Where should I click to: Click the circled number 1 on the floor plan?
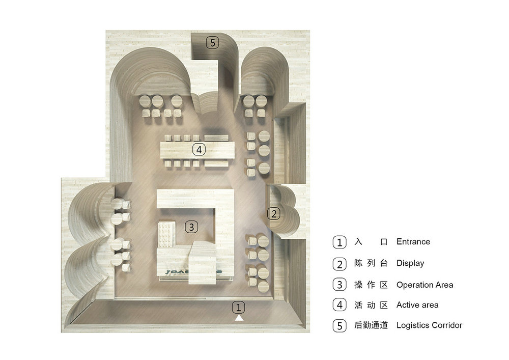[x=238, y=307]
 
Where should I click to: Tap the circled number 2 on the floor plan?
[x=274, y=213]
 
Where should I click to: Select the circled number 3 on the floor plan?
[x=191, y=227]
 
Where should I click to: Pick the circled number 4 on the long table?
[x=199, y=149]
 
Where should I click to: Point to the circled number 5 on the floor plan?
[x=213, y=43]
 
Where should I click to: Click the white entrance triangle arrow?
[x=239, y=318]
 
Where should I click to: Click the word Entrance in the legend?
[x=413, y=241]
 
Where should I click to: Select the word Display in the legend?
[x=410, y=263]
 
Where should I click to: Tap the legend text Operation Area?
[x=425, y=285]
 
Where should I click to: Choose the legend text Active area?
[x=417, y=305]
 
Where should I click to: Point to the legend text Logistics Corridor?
[x=429, y=325]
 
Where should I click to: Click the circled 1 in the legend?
[x=339, y=242]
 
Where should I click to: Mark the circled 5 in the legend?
[x=339, y=325]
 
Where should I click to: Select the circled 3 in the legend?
[x=339, y=285]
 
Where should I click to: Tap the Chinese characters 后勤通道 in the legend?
[x=371, y=325]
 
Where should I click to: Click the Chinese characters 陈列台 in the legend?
[x=371, y=263]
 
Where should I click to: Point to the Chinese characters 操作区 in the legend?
[x=371, y=285]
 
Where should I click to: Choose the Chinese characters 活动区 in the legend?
[x=371, y=305]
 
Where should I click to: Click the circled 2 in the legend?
[x=339, y=264]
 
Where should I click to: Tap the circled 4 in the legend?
[x=339, y=305]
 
